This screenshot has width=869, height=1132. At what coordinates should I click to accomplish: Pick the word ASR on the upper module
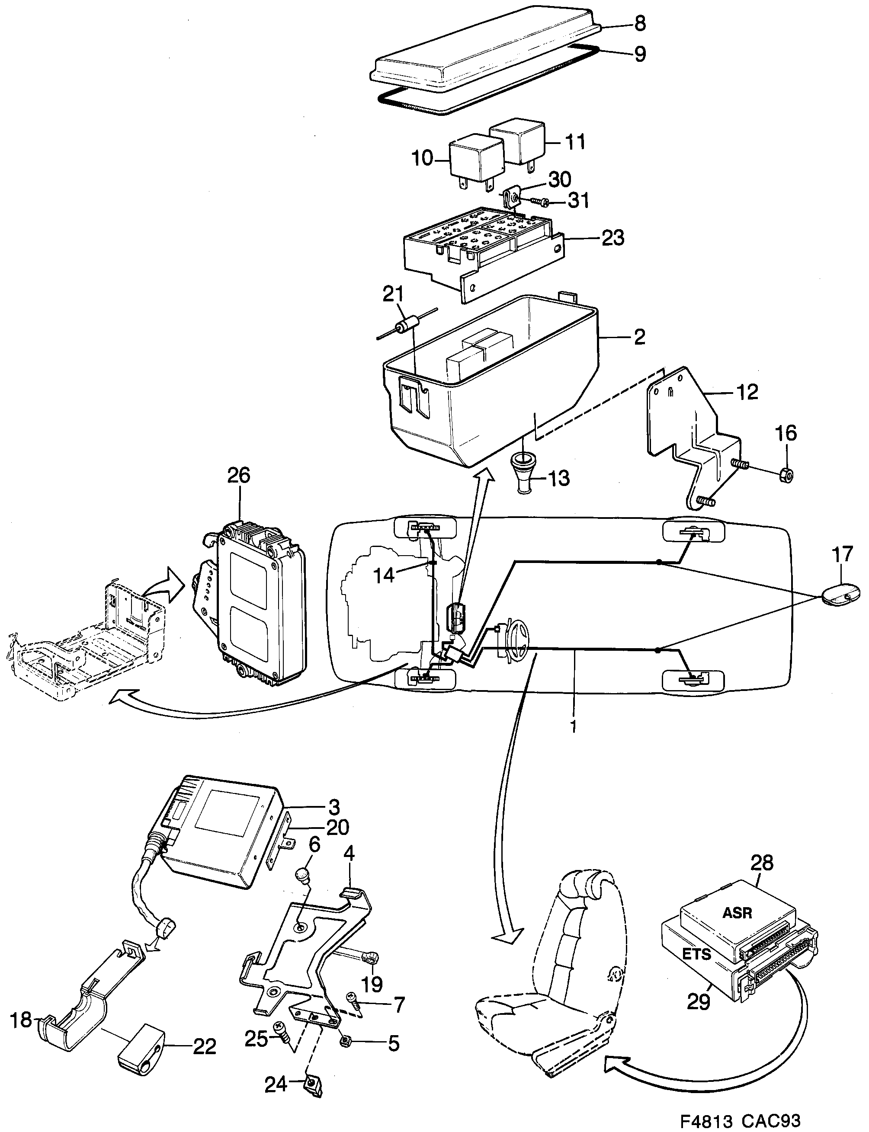pyautogui.click(x=737, y=913)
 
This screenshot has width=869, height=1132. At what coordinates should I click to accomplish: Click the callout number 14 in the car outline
pyautogui.click(x=385, y=575)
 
